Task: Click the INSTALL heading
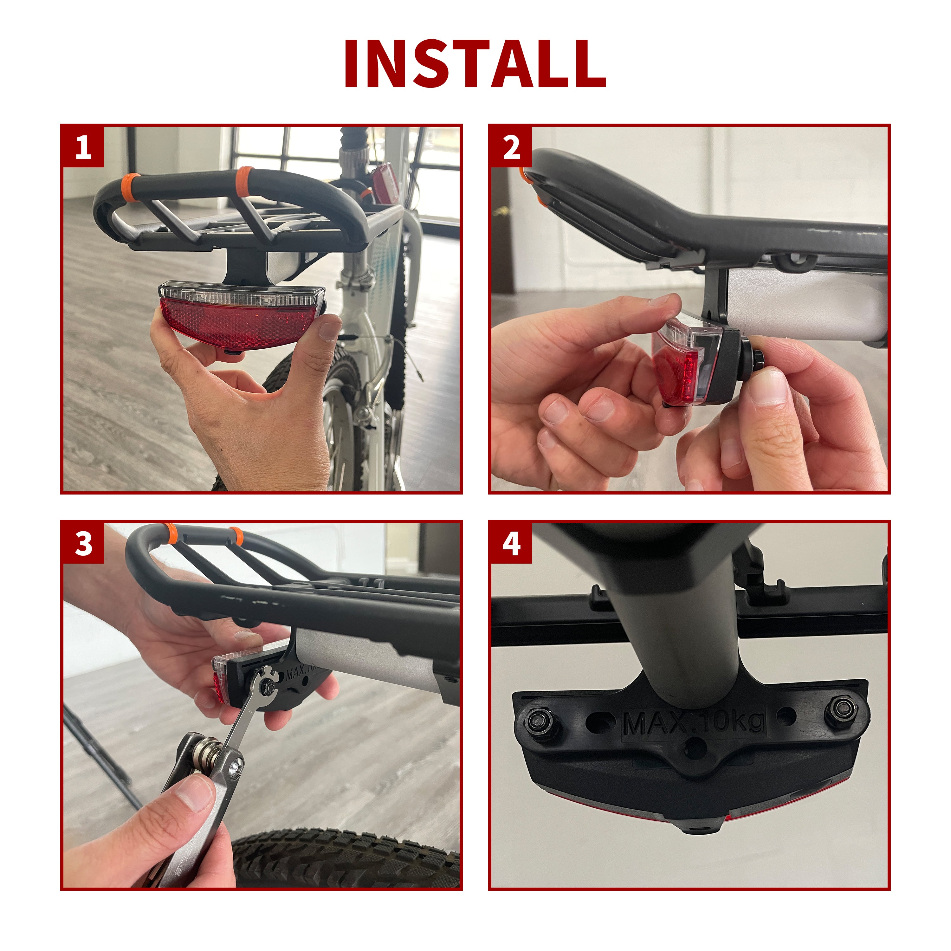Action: coord(475,64)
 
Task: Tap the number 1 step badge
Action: coord(83,147)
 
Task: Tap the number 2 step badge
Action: coord(511,147)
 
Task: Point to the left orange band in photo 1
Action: coord(129,187)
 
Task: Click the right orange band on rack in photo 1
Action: coord(243,181)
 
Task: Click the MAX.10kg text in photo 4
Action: coord(694,723)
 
